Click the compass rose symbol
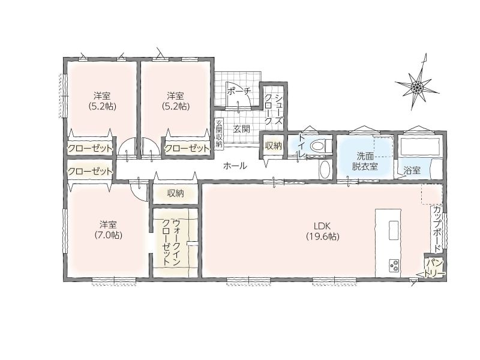417,86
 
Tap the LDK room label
322,226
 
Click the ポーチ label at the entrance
239,91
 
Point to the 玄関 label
242,129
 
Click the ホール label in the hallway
235,166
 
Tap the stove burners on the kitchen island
394,265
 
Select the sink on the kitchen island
394,230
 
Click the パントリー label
435,268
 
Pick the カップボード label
437,229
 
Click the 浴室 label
412,171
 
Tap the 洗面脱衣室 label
365,161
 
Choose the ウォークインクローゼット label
172,242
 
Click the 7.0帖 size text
108,235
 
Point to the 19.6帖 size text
323,236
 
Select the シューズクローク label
274,109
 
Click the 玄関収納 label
218,133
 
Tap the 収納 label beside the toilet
274,146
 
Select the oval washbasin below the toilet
325,169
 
